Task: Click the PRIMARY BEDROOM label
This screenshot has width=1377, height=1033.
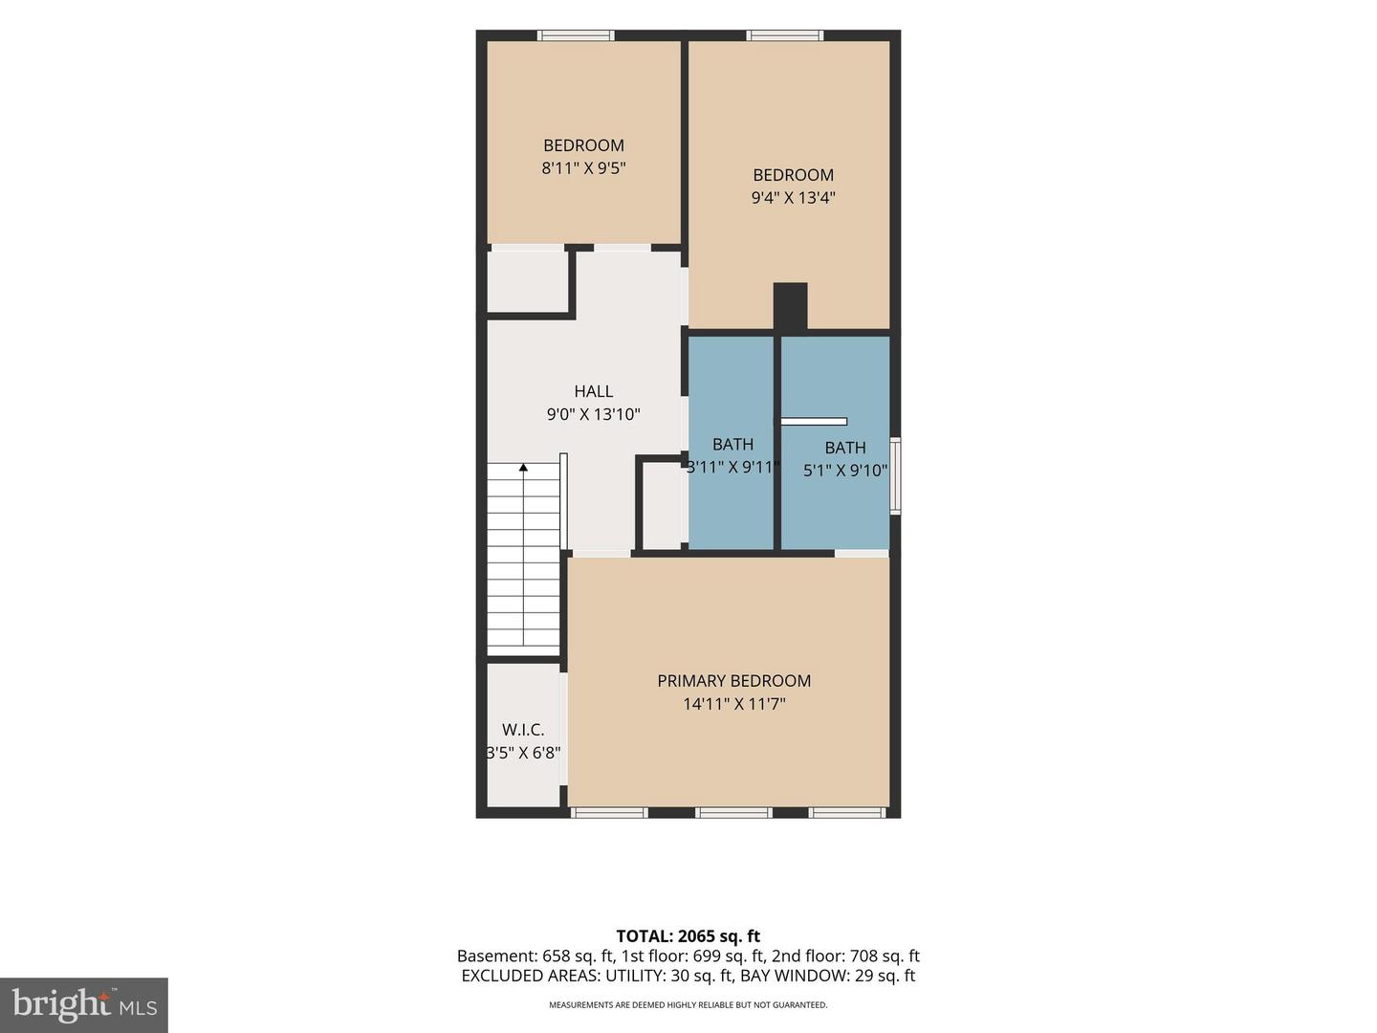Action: click(x=734, y=681)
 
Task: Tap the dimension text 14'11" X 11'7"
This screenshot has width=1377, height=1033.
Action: click(x=734, y=704)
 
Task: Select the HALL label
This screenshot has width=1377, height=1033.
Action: click(x=594, y=391)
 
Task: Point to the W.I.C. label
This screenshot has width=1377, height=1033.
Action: click(x=523, y=730)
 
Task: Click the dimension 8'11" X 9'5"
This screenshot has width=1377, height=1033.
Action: click(x=584, y=168)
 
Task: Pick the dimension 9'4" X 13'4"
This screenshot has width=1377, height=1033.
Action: click(x=794, y=198)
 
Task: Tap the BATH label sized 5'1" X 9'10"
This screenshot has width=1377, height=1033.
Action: click(x=845, y=448)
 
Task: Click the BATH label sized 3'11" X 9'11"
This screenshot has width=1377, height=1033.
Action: click(x=732, y=444)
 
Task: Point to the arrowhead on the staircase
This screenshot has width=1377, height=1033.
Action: click(x=523, y=468)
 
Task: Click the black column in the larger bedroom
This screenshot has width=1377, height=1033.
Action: click(x=790, y=306)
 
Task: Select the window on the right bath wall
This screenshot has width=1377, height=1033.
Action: click(x=896, y=476)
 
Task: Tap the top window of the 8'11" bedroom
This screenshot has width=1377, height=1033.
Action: click(x=576, y=35)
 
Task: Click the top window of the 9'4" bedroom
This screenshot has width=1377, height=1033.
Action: click(x=784, y=35)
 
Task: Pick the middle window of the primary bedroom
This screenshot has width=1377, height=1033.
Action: click(x=733, y=813)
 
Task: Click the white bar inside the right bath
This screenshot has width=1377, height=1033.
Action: click(x=814, y=422)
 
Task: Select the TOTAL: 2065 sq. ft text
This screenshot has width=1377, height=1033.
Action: click(x=688, y=936)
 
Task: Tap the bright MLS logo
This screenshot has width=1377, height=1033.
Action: click(x=84, y=1004)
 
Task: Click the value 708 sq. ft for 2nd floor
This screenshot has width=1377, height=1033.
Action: click(x=885, y=956)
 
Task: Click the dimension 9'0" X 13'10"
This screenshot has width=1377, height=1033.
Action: click(x=594, y=414)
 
